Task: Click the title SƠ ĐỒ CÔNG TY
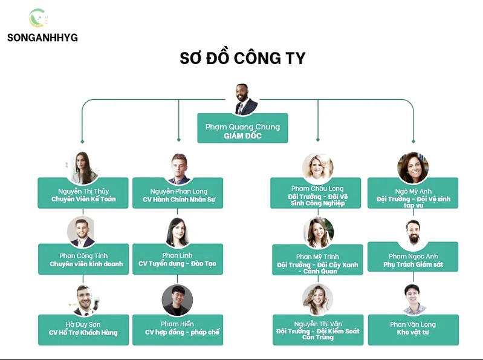click(x=242, y=58)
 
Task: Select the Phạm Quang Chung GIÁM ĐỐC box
click(x=242, y=128)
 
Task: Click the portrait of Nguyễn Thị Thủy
click(x=83, y=167)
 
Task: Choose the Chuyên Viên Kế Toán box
click(x=83, y=193)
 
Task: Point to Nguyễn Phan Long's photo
click(x=178, y=168)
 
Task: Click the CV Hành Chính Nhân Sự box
click(x=178, y=194)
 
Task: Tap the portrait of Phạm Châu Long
click(x=318, y=168)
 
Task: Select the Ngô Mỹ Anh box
click(x=413, y=194)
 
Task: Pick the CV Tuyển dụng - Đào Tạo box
click(x=178, y=260)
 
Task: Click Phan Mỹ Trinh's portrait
click(x=318, y=234)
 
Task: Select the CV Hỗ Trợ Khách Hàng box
click(x=83, y=330)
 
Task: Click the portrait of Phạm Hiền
click(x=178, y=300)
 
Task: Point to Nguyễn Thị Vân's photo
click(x=318, y=300)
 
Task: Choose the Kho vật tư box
click(x=413, y=330)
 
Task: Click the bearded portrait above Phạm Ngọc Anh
click(x=413, y=233)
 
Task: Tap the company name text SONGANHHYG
click(x=42, y=38)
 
